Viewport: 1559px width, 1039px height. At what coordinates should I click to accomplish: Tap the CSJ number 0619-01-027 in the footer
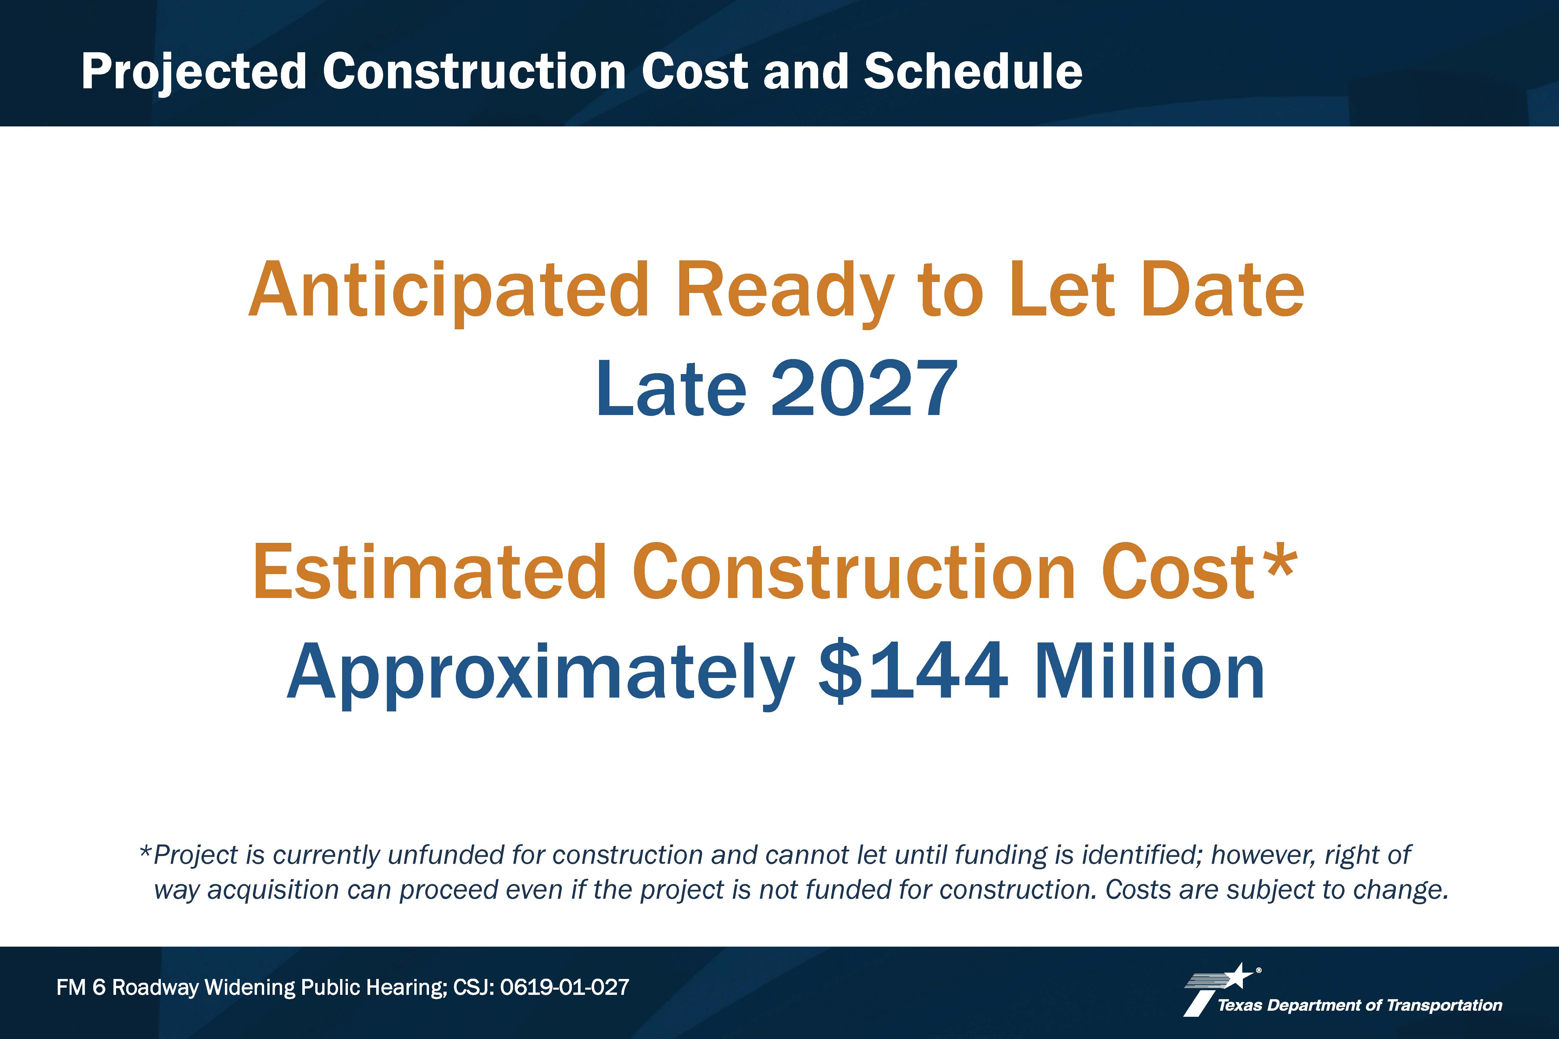564,987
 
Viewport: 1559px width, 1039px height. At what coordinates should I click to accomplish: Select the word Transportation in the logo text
1444,1005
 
